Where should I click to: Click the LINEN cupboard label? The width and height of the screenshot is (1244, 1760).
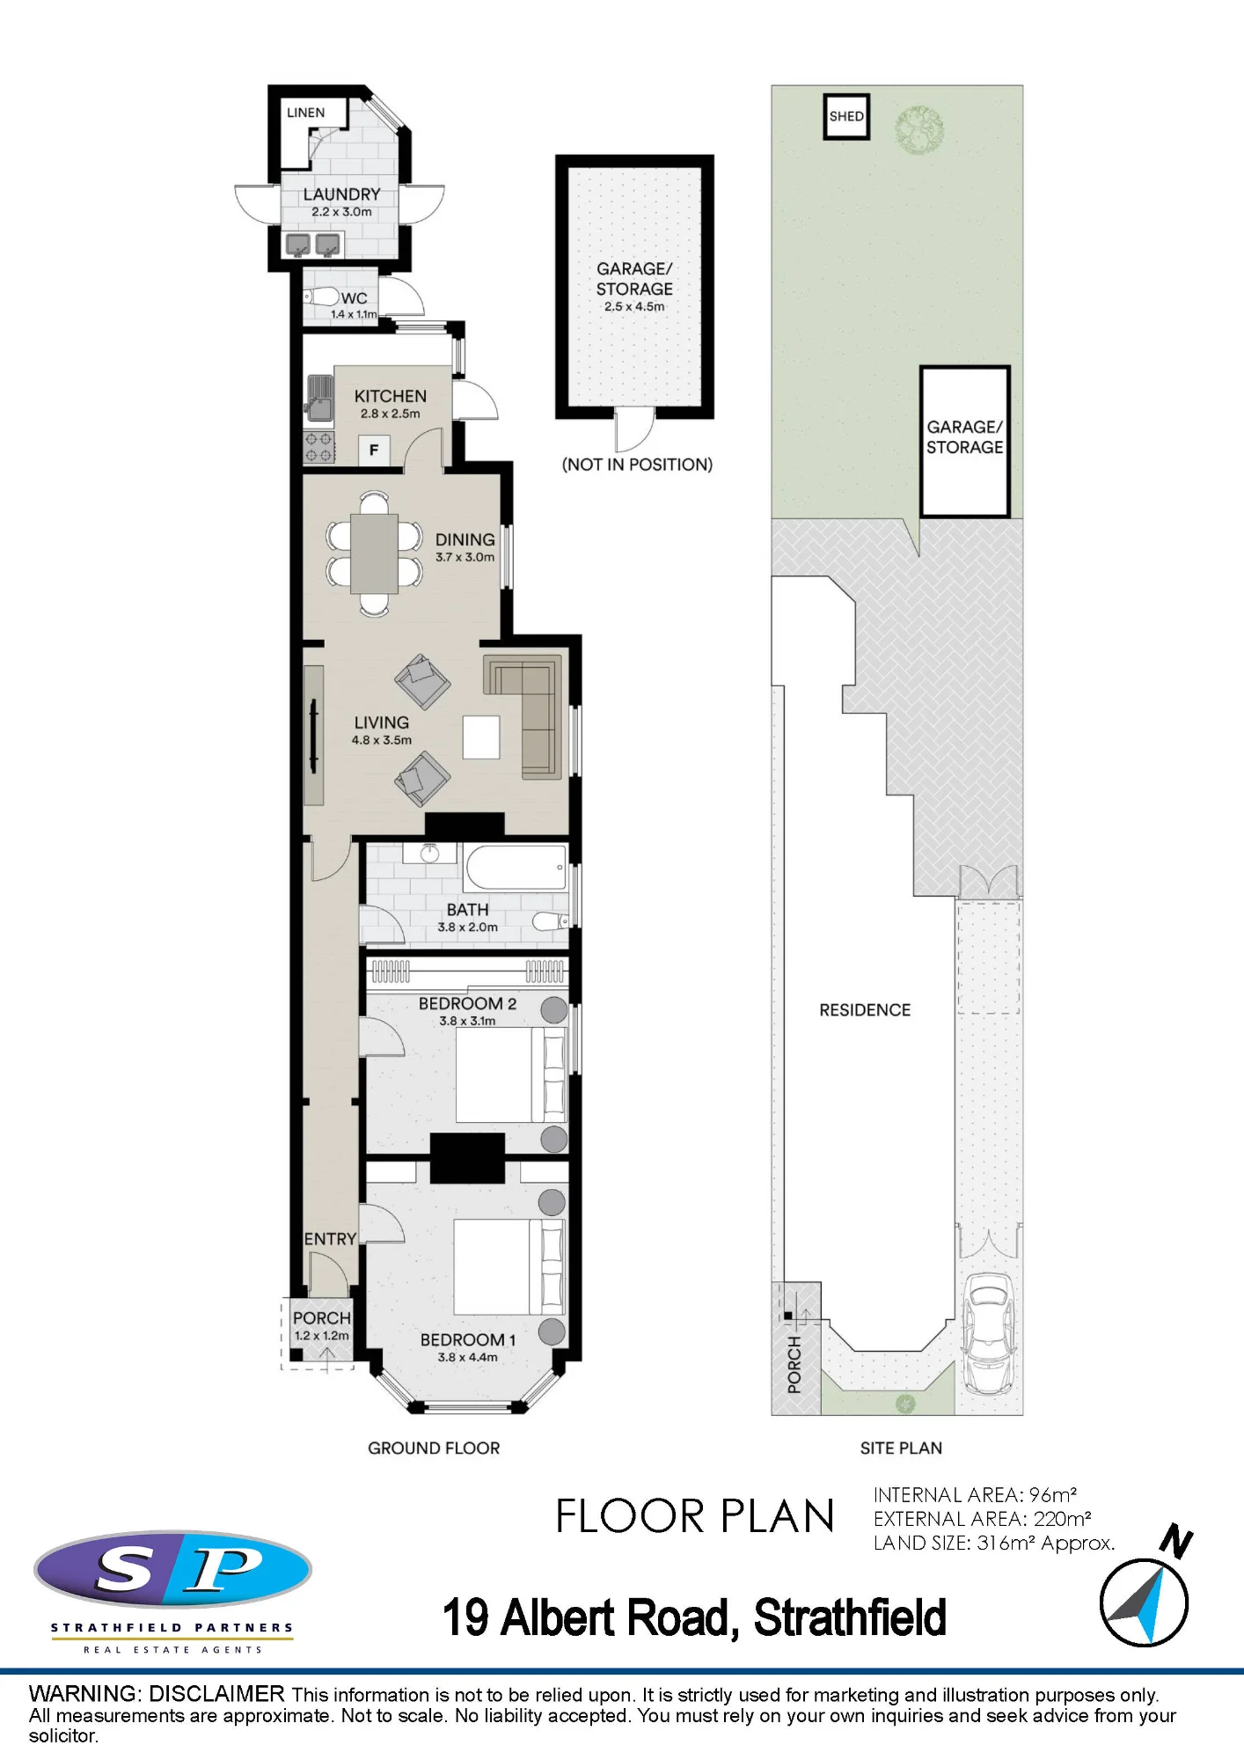pyautogui.click(x=305, y=113)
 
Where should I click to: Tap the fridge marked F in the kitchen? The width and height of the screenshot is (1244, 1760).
pyautogui.click(x=374, y=450)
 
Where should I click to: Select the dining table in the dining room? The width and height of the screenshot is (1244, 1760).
pyautogui.click(x=374, y=553)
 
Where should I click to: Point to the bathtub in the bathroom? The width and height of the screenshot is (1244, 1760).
pyautogui.click(x=516, y=868)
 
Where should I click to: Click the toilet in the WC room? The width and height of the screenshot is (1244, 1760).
pyautogui.click(x=320, y=297)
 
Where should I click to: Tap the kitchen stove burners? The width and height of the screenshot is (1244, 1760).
pyautogui.click(x=318, y=447)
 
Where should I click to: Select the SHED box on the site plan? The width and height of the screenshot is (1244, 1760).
pyautogui.click(x=846, y=116)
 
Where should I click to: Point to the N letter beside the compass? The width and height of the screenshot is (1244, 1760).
pyautogui.click(x=1176, y=1543)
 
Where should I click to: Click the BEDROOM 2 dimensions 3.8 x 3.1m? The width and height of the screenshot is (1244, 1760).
pyautogui.click(x=467, y=1021)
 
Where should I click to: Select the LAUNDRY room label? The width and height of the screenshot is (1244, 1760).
pyautogui.click(x=341, y=194)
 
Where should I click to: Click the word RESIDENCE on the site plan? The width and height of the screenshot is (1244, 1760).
pyautogui.click(x=865, y=1010)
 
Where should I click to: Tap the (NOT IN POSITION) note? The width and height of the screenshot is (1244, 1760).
pyautogui.click(x=637, y=465)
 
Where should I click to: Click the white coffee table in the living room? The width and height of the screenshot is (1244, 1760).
pyautogui.click(x=481, y=737)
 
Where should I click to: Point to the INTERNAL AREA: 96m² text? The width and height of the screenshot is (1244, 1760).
pyautogui.click(x=975, y=1494)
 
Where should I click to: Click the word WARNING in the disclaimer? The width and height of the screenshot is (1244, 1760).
pyautogui.click(x=84, y=1693)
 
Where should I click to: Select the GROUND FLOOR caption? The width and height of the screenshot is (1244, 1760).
pyautogui.click(x=434, y=1448)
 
